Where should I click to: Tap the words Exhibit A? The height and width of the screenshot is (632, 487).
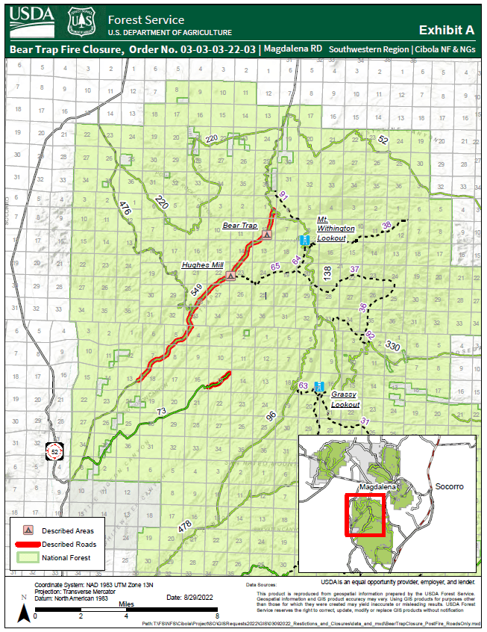(447, 30)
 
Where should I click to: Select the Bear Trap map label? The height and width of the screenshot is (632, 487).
(239, 225)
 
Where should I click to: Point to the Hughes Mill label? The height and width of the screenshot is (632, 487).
(202, 265)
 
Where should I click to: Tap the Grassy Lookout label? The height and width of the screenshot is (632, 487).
(345, 399)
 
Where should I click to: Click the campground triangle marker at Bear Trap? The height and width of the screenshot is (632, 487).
(267, 235)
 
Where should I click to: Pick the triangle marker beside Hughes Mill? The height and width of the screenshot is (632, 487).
(231, 276)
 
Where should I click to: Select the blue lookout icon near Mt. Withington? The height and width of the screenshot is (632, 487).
(304, 240)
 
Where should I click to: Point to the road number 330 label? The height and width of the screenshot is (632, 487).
(393, 346)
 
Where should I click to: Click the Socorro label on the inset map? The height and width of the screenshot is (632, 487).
(449, 486)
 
